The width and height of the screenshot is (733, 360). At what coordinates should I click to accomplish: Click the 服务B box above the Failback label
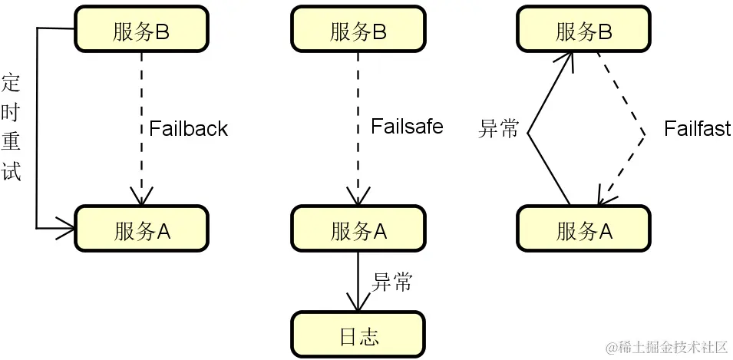(x=142, y=29)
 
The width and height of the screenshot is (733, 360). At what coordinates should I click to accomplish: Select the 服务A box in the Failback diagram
(x=142, y=228)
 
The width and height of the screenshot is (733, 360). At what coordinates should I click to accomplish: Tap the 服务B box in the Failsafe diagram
(x=358, y=29)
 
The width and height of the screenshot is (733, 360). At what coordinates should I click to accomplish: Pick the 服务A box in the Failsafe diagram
(x=358, y=228)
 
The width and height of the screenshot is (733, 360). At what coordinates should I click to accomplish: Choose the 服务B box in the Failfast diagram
(x=584, y=29)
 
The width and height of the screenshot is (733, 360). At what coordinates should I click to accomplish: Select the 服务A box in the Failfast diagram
(x=584, y=229)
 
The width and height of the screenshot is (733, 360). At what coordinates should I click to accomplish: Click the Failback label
(x=188, y=128)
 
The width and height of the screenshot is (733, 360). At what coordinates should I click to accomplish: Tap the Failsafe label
(x=406, y=126)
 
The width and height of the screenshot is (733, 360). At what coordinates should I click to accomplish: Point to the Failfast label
(x=697, y=128)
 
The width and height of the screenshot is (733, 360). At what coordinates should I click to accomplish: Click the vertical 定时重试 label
(x=11, y=127)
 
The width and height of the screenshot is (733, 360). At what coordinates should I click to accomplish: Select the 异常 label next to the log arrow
(x=392, y=282)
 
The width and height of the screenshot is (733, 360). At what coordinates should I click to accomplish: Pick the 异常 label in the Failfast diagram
(x=499, y=129)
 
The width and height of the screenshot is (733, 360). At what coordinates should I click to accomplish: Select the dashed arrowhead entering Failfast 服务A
(x=603, y=198)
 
